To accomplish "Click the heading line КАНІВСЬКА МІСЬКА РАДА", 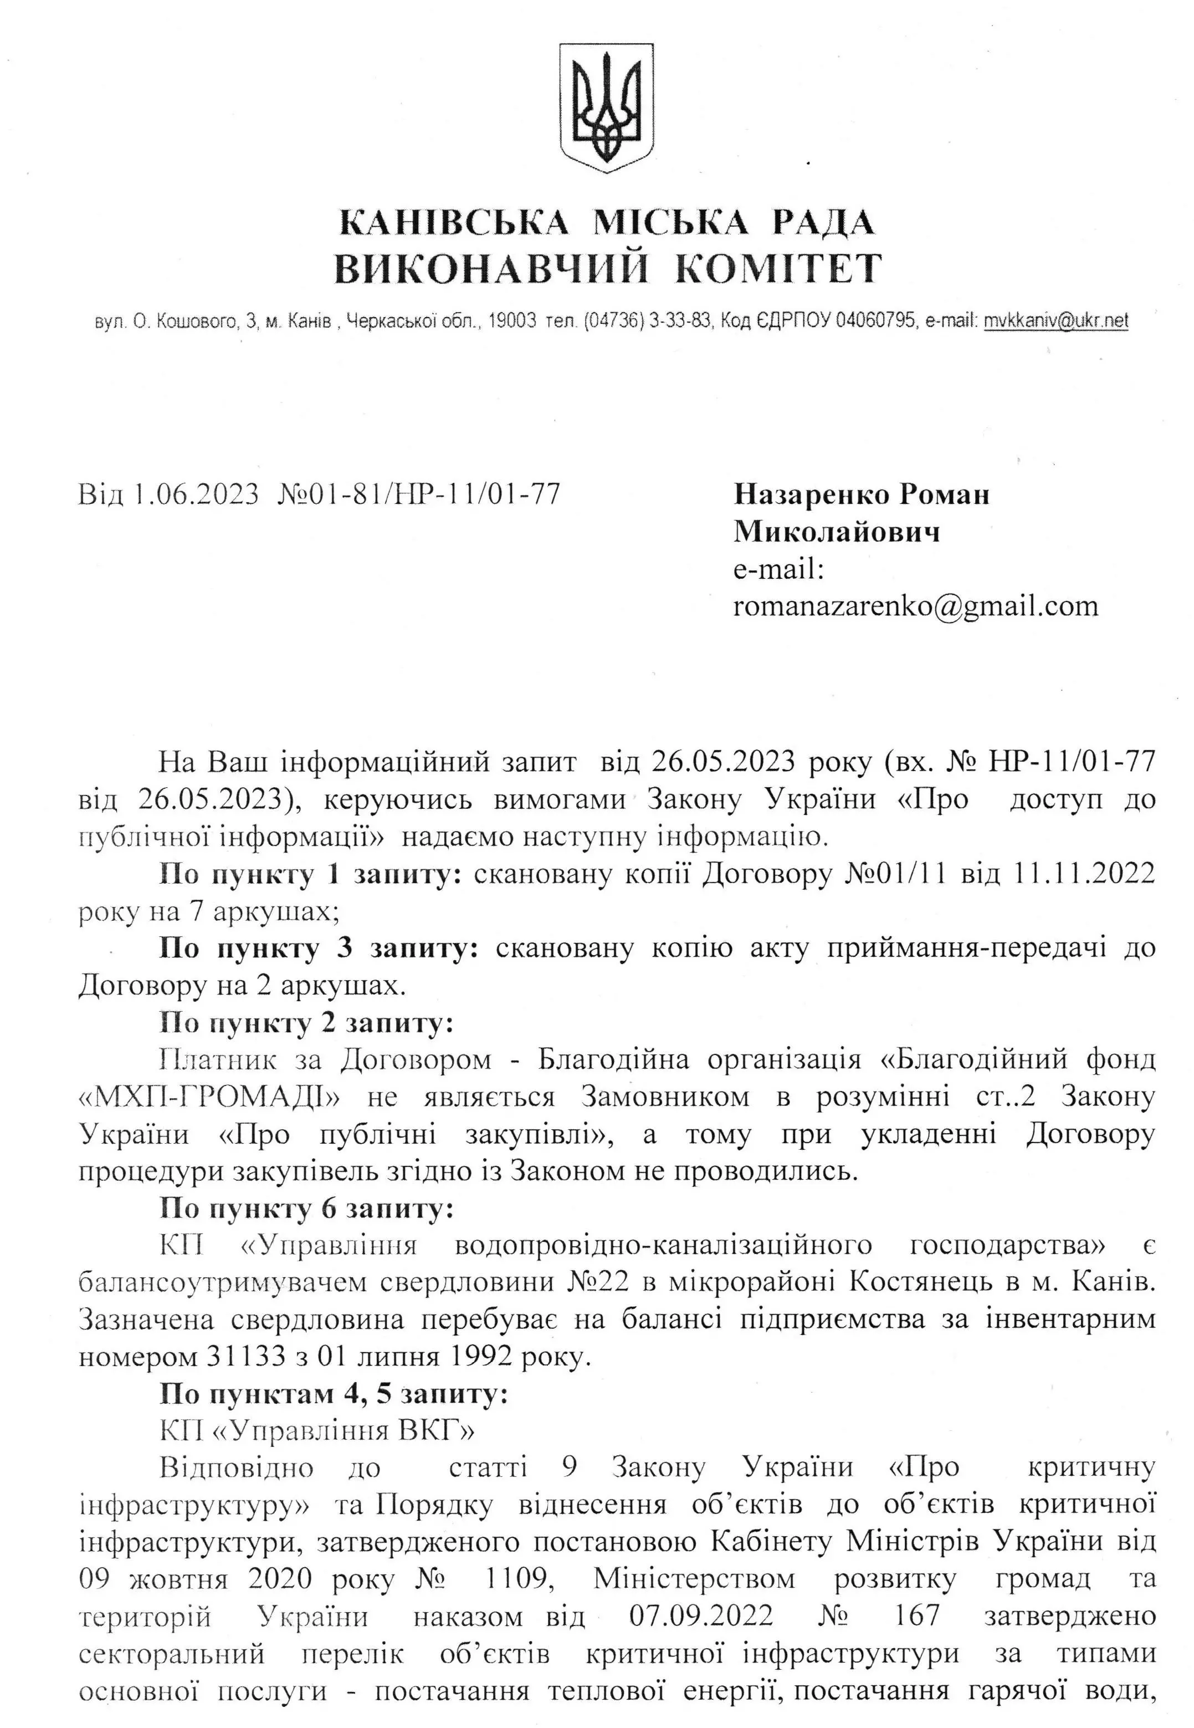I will click(x=607, y=222).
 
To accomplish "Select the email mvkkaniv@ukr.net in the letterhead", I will click(x=1055, y=321).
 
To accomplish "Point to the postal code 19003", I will click(x=513, y=321).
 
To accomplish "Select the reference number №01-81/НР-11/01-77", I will click(x=419, y=495).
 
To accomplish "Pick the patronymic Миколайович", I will click(x=837, y=532).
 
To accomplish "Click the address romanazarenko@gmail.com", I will click(x=916, y=605).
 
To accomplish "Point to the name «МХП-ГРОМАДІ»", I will click(x=210, y=1098).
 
